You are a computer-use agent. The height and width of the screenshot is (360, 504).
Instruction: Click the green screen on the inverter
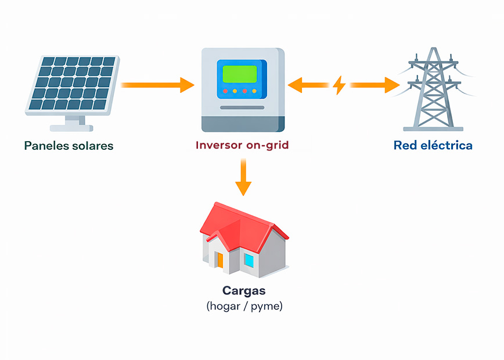click(239, 74)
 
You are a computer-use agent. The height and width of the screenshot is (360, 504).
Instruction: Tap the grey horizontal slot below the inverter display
click(243, 107)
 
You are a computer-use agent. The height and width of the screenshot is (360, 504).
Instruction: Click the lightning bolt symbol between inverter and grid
click(339, 86)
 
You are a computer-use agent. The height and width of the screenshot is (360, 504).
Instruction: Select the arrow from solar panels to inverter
click(157, 85)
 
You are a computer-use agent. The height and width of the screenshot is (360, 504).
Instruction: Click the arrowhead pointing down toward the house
click(243, 188)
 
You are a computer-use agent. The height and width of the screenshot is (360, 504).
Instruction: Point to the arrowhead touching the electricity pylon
click(391, 85)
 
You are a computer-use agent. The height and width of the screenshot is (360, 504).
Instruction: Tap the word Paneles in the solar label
click(45, 145)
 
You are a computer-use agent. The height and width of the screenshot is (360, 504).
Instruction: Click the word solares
click(91, 145)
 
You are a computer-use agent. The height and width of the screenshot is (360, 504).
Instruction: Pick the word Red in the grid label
click(404, 145)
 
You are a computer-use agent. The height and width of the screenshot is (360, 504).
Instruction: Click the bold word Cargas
click(243, 291)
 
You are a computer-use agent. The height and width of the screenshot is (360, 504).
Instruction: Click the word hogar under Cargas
click(227, 306)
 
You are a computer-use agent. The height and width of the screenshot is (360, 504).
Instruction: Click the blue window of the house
click(249, 260)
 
